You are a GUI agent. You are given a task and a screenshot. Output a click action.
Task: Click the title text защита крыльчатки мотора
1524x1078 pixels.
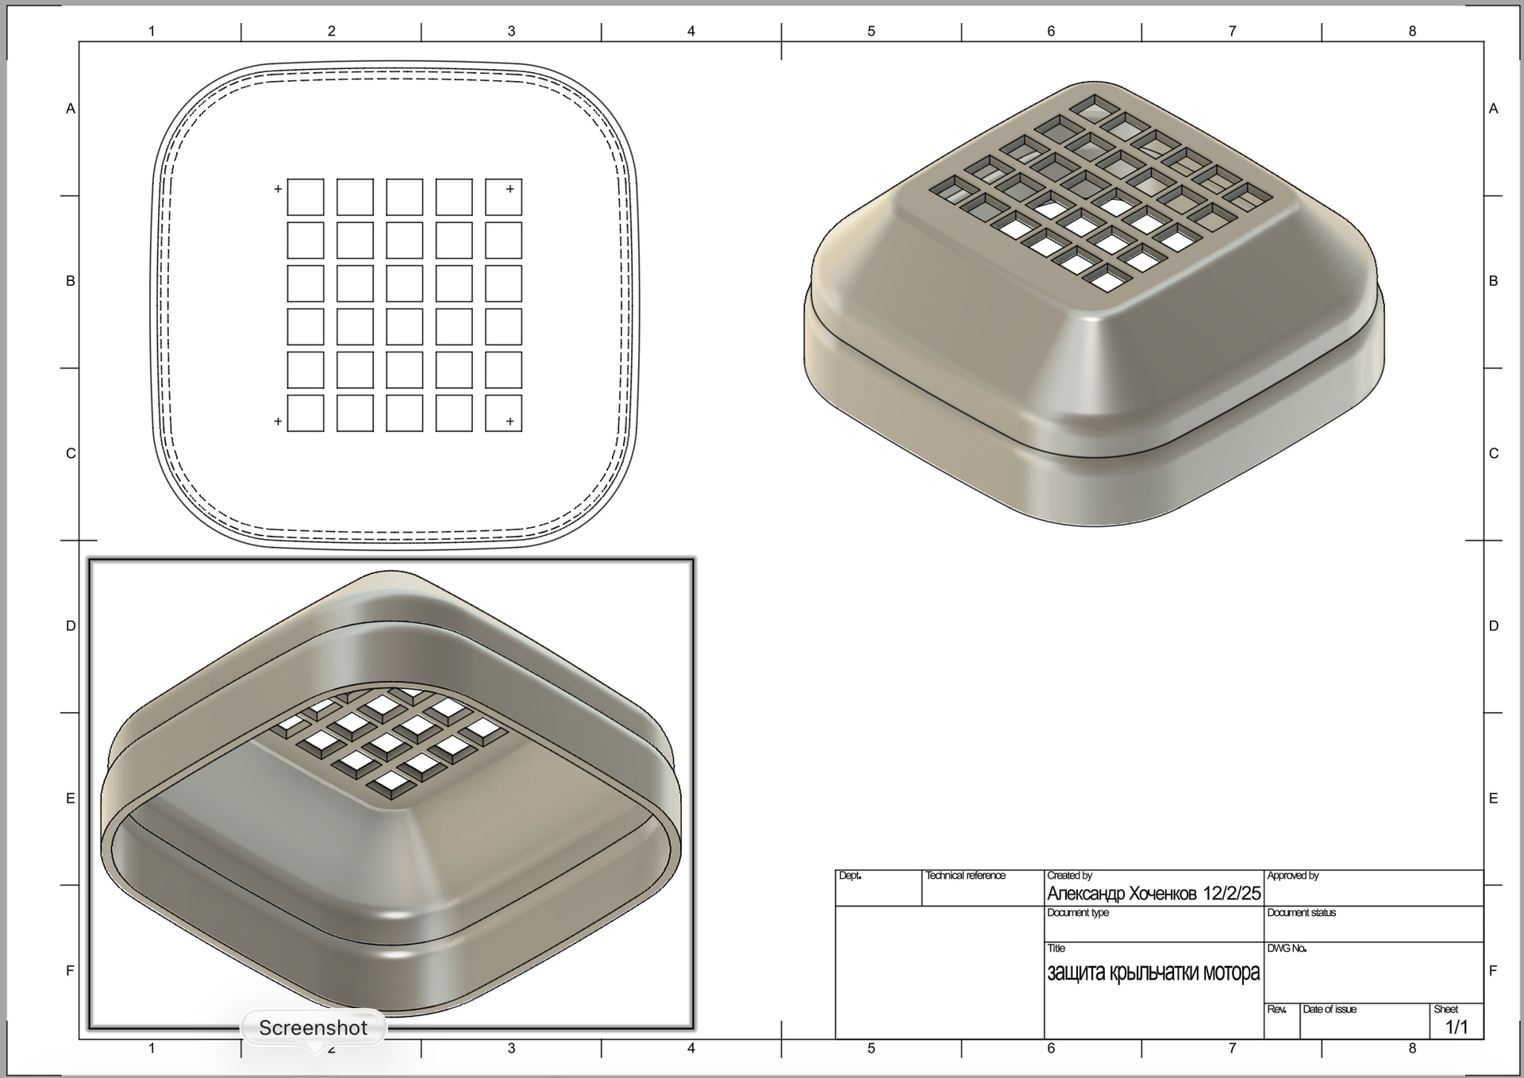pyautogui.click(x=1153, y=972)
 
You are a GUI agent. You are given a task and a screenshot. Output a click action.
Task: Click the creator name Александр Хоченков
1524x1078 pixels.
pyautogui.click(x=1122, y=894)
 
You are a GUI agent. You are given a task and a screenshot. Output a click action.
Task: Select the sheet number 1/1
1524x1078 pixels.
pyautogui.click(x=1457, y=1027)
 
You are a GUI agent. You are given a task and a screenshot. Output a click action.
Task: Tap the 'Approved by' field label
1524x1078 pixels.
pyautogui.click(x=1293, y=876)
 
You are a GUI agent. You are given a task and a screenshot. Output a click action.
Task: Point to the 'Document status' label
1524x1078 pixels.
pyautogui.click(x=1302, y=913)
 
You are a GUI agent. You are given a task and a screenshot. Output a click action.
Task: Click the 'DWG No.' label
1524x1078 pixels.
pyautogui.click(x=1287, y=949)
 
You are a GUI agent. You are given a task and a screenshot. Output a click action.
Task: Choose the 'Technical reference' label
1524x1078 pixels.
pyautogui.click(x=965, y=876)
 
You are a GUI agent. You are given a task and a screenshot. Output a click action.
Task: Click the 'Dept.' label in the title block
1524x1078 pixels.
pyautogui.click(x=850, y=876)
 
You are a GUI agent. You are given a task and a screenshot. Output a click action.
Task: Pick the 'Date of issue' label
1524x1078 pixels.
pyautogui.click(x=1330, y=1010)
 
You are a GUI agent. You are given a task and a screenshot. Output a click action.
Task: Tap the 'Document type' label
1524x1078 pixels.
pyautogui.click(x=1078, y=913)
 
